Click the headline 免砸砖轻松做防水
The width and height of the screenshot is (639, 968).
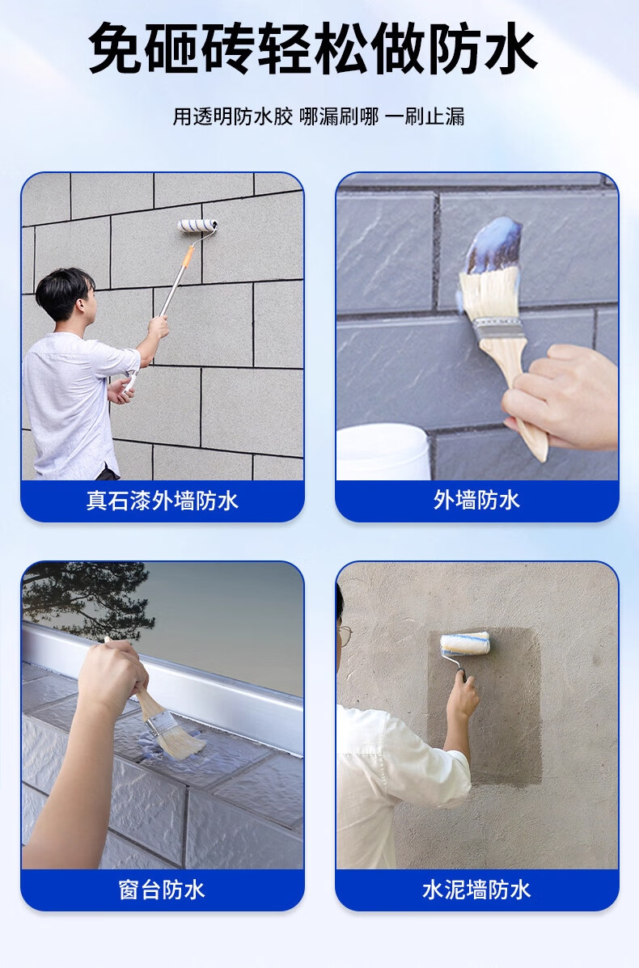(312, 49)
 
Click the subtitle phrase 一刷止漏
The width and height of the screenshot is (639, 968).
(425, 116)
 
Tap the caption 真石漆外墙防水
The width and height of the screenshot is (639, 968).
(163, 501)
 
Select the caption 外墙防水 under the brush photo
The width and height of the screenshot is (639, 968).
(476, 500)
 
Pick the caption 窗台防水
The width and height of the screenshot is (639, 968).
(162, 890)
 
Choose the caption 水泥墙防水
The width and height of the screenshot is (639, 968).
(476, 890)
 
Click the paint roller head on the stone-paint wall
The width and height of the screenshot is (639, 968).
(197, 226)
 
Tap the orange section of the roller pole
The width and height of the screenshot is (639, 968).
(188, 257)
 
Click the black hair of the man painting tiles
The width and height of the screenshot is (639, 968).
(64, 290)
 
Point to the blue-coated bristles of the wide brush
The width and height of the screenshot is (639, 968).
(494, 245)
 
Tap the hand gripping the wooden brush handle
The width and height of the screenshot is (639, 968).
(559, 395)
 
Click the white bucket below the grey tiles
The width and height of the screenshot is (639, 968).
(383, 451)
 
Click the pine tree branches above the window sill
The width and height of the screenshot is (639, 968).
(87, 596)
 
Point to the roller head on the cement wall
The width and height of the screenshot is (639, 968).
(465, 644)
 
